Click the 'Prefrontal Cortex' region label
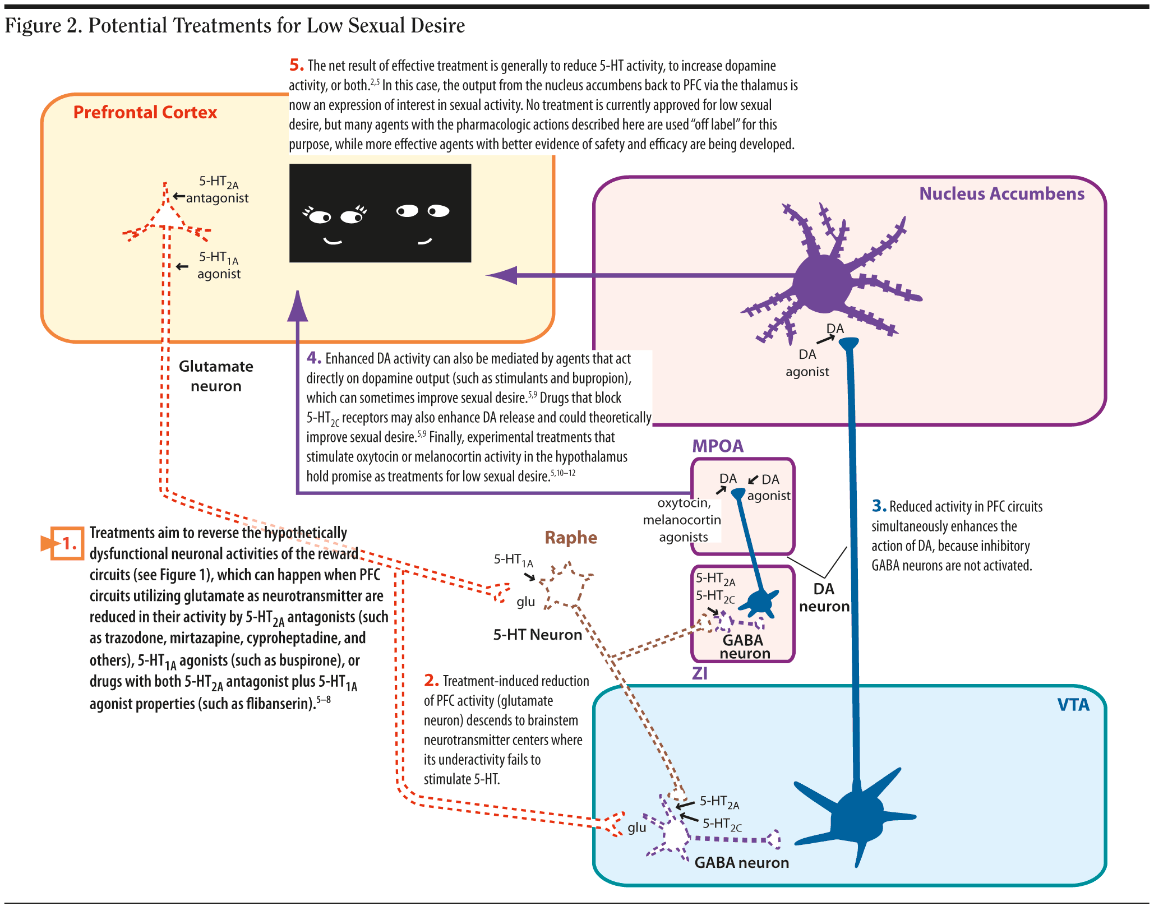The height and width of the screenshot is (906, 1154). coord(145,113)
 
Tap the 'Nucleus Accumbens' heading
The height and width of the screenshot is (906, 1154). coord(1001,194)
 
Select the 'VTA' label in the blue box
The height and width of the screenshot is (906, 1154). coord(1073,705)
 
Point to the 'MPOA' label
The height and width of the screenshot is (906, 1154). coord(717,446)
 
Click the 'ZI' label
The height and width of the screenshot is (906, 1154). coord(699,673)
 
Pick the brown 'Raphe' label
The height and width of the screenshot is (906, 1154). coord(570,538)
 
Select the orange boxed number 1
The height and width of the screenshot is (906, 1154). coord(67,543)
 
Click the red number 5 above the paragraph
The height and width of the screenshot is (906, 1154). coord(296,65)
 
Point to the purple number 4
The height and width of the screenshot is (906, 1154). coord(313,358)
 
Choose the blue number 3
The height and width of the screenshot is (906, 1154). coord(879,506)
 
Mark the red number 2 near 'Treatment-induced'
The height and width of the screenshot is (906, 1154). coord(431,681)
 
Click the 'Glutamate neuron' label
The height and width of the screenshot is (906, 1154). coord(216,376)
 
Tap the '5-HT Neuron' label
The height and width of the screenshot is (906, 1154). coord(537,635)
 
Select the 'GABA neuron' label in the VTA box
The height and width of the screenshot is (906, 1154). coord(741,862)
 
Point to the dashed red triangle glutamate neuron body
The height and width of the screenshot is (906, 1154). coord(167,216)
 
